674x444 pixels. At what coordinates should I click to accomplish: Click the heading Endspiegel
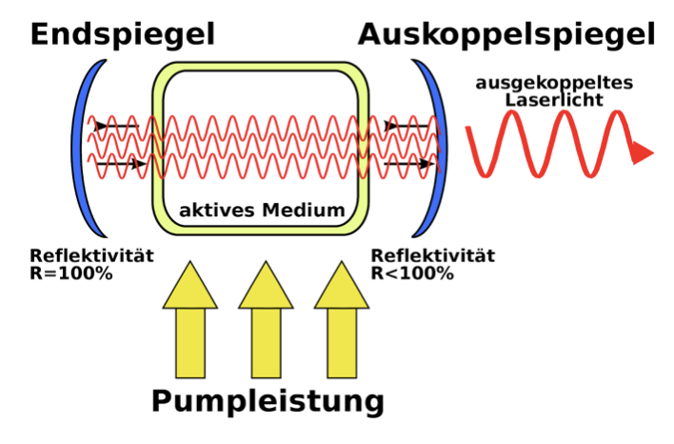pyautogui.click(x=123, y=34)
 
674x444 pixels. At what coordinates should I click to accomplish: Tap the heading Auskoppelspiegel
pyautogui.click(x=506, y=34)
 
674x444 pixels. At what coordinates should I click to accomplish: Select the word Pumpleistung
pyautogui.click(x=267, y=400)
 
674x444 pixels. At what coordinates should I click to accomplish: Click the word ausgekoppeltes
pyautogui.click(x=555, y=83)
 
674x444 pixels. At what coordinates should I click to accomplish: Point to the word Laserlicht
pyautogui.click(x=555, y=98)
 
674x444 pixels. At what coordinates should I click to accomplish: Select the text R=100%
pyautogui.click(x=71, y=273)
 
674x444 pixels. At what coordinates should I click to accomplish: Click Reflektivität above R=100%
pyautogui.click(x=91, y=256)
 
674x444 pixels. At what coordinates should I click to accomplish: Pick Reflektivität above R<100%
pyautogui.click(x=432, y=256)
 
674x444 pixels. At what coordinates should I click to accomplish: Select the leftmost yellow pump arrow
pyautogui.click(x=190, y=324)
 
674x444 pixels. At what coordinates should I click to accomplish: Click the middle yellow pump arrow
pyautogui.click(x=266, y=324)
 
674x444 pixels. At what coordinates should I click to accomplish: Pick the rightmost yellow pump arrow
pyautogui.click(x=342, y=324)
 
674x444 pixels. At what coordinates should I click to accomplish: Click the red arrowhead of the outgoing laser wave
pyautogui.click(x=641, y=151)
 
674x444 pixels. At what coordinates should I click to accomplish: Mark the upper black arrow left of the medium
pyautogui.click(x=115, y=125)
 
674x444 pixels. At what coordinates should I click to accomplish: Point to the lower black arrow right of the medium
pyautogui.click(x=404, y=164)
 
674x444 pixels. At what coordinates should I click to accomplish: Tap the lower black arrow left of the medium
pyautogui.click(x=120, y=164)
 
